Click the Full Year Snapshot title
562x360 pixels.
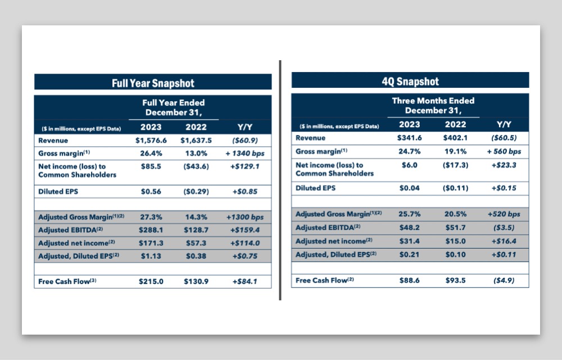pyautogui.click(x=153, y=83)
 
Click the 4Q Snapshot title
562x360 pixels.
pyautogui.click(x=410, y=82)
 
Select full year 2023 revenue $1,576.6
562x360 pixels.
pyautogui.click(x=151, y=140)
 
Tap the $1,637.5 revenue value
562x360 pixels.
pyautogui.click(x=196, y=140)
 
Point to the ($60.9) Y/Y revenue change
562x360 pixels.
pyautogui.click(x=245, y=140)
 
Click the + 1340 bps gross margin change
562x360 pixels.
pyautogui.click(x=245, y=154)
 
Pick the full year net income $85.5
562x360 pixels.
pyautogui.click(x=151, y=166)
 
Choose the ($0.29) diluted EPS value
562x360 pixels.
pyautogui.click(x=196, y=191)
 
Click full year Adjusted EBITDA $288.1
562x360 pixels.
pyautogui.click(x=151, y=230)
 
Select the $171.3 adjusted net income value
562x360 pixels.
pyautogui.click(x=151, y=243)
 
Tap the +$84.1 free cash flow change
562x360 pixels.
pyautogui.click(x=245, y=281)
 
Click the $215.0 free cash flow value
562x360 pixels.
pyautogui.click(x=151, y=281)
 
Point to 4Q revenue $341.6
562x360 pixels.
pyautogui.click(x=410, y=138)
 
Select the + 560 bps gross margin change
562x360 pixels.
pyautogui.click(x=504, y=151)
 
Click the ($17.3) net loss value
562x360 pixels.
pyautogui.click(x=456, y=165)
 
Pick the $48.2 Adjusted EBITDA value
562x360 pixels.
pyautogui.click(x=410, y=227)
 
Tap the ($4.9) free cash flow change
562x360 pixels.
pyautogui.click(x=504, y=280)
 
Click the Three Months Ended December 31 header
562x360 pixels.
pyautogui.click(x=433, y=105)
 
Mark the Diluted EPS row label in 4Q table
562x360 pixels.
pyautogui.click(x=315, y=188)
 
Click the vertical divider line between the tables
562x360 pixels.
pyautogui.click(x=280, y=180)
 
